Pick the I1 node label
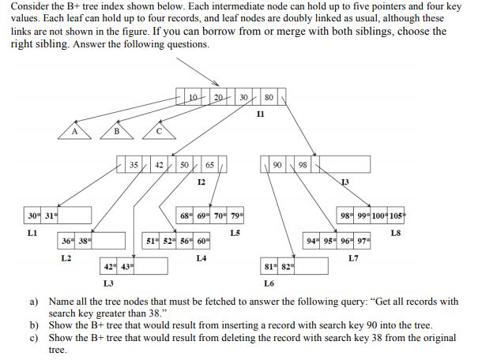pos(261,114)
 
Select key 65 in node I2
pos(209,165)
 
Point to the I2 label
pos(201,182)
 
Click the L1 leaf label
pos(32,233)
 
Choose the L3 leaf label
pos(108,283)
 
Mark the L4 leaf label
pos(201,258)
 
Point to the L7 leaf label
pos(352,258)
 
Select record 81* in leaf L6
pos(269,266)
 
